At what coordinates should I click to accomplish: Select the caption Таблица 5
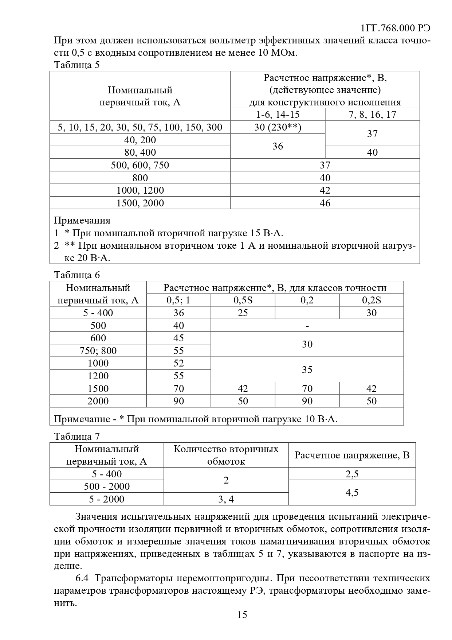click(76, 65)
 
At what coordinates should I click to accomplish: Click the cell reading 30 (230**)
click(278, 127)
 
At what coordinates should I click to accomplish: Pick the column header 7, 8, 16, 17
click(372, 115)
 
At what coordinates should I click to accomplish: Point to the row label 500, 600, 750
click(140, 165)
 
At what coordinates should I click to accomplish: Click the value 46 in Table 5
click(325, 203)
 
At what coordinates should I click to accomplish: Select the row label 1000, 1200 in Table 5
click(140, 190)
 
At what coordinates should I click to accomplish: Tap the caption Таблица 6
click(76, 275)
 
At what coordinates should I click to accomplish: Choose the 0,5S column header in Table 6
click(243, 300)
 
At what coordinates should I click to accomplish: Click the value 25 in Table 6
click(243, 313)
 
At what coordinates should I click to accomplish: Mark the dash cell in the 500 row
click(307, 326)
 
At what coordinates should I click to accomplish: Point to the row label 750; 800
click(98, 351)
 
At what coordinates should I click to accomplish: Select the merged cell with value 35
click(307, 369)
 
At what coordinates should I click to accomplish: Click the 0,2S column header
click(371, 300)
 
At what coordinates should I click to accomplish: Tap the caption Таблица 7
click(76, 437)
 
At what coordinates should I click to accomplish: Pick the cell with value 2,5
click(352, 474)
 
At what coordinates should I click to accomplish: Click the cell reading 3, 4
click(226, 499)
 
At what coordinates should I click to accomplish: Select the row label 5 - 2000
click(107, 499)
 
